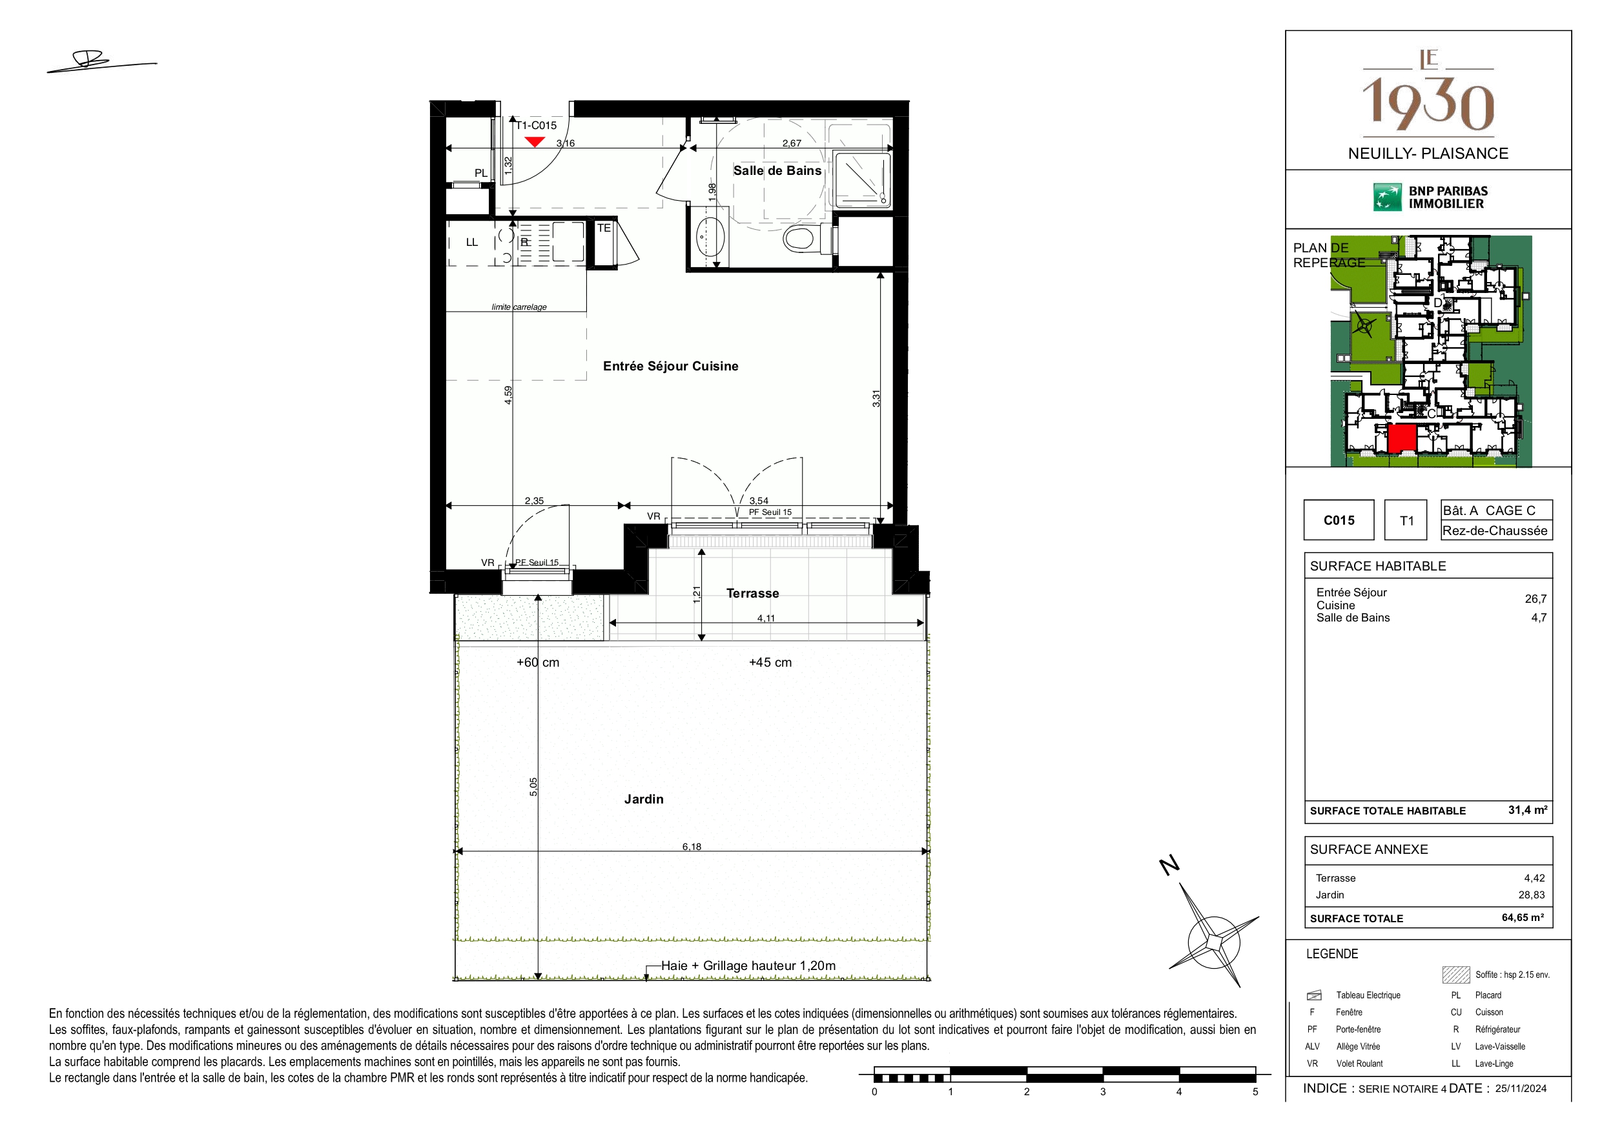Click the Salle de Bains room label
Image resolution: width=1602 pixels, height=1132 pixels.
tap(777, 171)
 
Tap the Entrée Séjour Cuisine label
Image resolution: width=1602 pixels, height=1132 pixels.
tap(670, 366)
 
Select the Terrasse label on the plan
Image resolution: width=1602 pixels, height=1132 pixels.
tap(752, 594)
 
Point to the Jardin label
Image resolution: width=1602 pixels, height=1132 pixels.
tap(643, 799)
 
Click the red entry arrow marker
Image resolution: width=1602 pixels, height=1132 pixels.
tap(535, 141)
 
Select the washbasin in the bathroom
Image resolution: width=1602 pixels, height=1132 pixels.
tap(710, 236)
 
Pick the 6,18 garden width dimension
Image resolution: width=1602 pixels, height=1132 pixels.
tap(692, 847)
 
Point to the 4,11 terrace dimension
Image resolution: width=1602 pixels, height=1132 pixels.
tap(765, 618)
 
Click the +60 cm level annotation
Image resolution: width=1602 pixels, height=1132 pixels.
tap(537, 663)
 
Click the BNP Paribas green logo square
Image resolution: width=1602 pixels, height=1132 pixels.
tap(1387, 197)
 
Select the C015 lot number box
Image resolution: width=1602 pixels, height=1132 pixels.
tap(1339, 520)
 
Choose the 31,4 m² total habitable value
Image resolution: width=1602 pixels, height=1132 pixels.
tap(1527, 811)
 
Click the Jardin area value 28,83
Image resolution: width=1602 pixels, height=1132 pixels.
tap(1531, 895)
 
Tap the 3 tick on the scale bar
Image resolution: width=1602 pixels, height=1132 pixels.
tap(1102, 1092)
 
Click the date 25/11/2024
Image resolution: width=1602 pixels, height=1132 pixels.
tap(1521, 1089)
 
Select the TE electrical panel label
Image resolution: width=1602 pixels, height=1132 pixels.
tap(604, 228)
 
